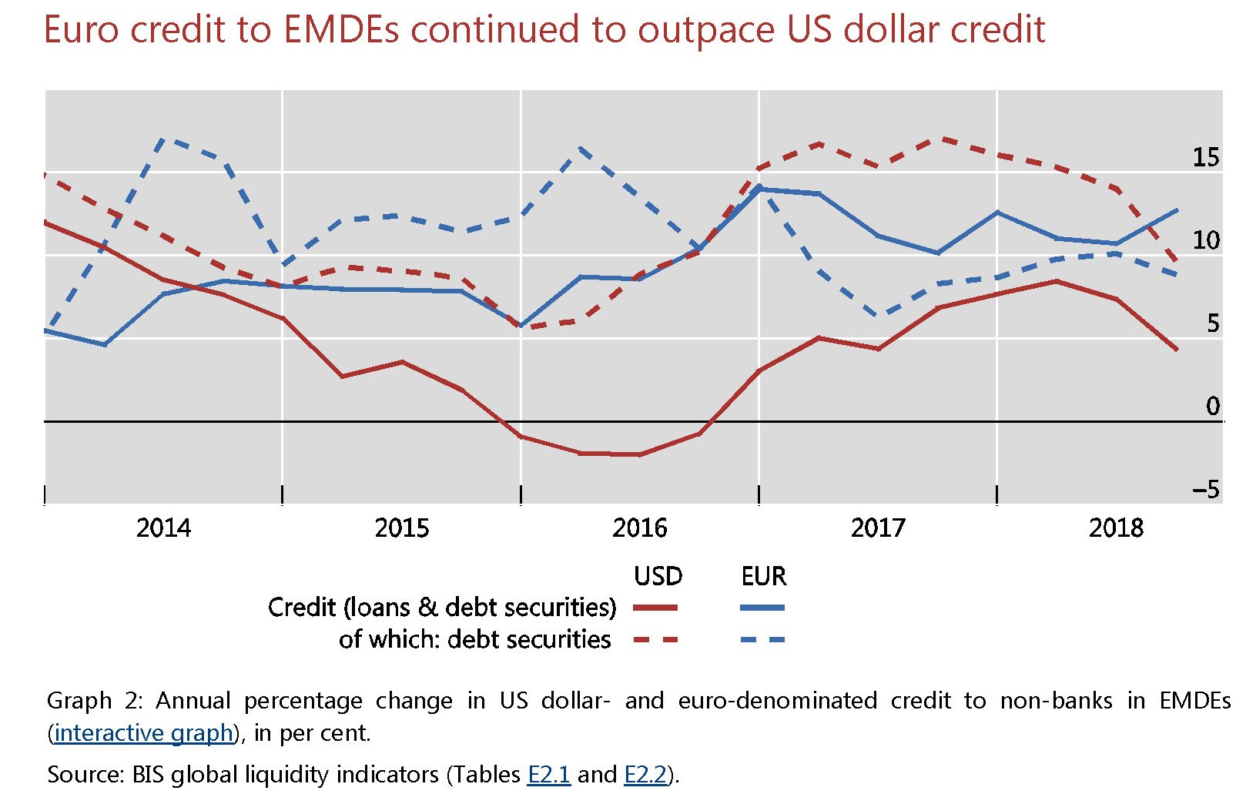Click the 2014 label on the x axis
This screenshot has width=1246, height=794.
tap(163, 528)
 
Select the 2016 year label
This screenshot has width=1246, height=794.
tap(639, 528)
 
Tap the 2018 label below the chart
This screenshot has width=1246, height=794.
tap(1116, 528)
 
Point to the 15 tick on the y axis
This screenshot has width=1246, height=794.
tap(1206, 158)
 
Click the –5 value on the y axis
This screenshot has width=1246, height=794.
tap(1206, 490)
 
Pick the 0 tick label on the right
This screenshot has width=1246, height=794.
tap(1213, 407)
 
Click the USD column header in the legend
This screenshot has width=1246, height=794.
tap(658, 576)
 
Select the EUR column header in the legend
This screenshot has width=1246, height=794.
tap(763, 576)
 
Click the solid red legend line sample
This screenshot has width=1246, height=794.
tap(655, 608)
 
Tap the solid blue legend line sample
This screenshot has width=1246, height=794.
tap(762, 608)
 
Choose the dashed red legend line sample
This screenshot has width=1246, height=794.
tap(655, 640)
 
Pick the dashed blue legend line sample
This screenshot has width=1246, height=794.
tap(762, 640)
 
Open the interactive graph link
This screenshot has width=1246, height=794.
tap(143, 733)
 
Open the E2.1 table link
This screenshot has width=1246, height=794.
tap(549, 774)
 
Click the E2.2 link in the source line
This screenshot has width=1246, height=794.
tap(645, 774)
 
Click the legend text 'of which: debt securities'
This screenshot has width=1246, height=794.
tap(474, 640)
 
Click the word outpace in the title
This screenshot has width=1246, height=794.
tap(705, 30)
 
